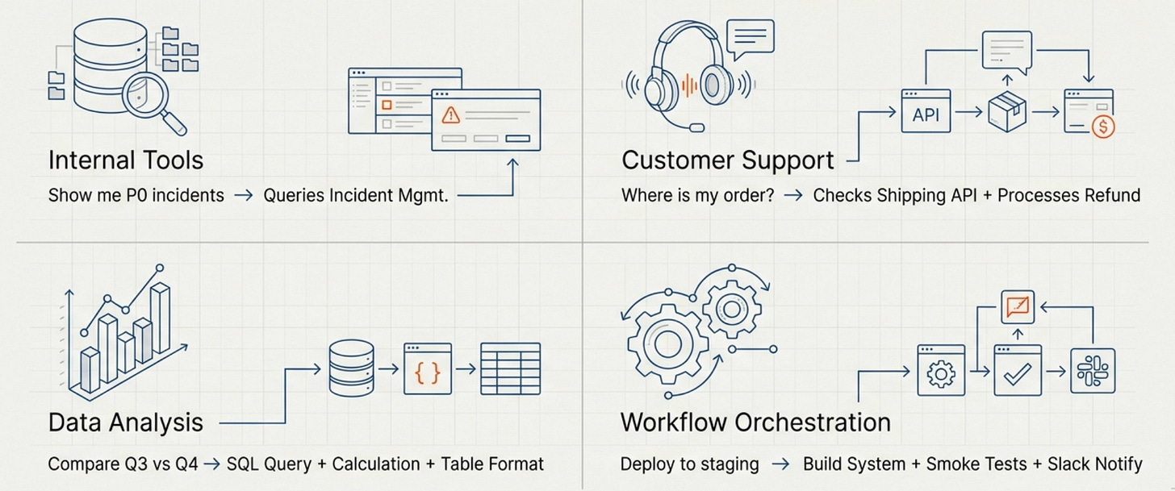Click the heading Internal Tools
pos(125,160)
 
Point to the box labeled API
pos(926,114)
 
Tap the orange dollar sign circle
pos(1102,127)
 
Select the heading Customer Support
pos(727,160)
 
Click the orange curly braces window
pos(427,369)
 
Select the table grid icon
pos(510,369)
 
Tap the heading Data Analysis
pos(125,422)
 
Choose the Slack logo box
pos(1092,372)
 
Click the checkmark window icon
pos(1018,372)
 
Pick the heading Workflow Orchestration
pos(755,422)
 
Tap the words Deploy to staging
pos(689,464)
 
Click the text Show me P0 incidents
pos(136,195)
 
